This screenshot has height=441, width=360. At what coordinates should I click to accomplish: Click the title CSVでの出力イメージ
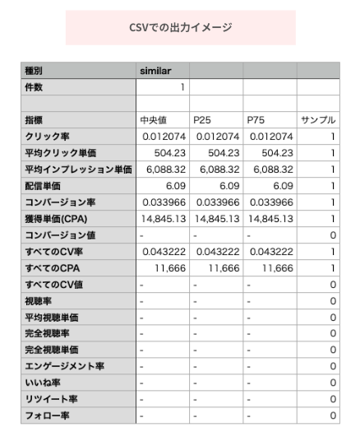[180, 27]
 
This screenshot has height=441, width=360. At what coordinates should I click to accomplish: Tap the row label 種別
[36, 70]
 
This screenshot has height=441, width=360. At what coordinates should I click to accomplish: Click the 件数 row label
[36, 86]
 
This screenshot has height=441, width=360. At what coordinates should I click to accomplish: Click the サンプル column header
[318, 119]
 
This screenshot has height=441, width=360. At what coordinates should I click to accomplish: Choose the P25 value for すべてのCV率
[218, 252]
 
